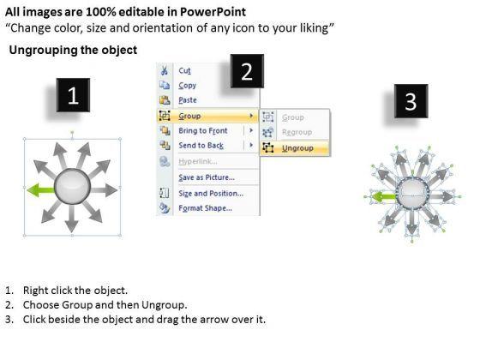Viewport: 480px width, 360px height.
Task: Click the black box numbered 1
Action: [x=73, y=95]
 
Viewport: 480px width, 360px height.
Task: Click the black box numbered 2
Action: [x=247, y=71]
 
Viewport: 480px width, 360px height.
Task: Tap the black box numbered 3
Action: [x=411, y=101]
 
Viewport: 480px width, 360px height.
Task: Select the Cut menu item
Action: [x=184, y=70]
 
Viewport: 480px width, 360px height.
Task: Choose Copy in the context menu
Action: [x=188, y=86]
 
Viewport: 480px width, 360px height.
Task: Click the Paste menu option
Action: [x=188, y=100]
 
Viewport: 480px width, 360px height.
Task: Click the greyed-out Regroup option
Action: [x=297, y=132]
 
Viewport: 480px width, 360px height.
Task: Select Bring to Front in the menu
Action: [x=203, y=130]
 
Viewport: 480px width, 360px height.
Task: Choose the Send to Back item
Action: [x=201, y=146]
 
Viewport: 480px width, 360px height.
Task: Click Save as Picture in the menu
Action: [x=207, y=177]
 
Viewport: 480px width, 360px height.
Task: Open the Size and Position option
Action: [x=211, y=194]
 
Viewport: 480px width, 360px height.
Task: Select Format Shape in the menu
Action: [x=205, y=208]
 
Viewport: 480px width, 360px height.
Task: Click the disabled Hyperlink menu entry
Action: [x=198, y=161]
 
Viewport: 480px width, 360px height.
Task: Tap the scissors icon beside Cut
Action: [x=165, y=70]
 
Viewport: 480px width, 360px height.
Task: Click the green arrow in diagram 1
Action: [x=41, y=190]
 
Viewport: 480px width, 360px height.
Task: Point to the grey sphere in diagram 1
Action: [x=72, y=186]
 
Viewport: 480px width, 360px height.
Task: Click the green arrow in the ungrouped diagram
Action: [x=383, y=196]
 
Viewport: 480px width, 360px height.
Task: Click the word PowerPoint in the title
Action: [x=213, y=12]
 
